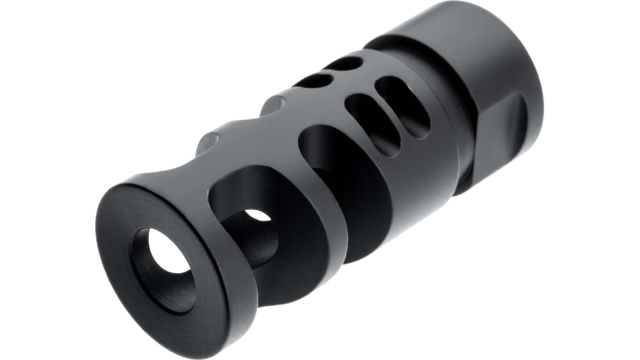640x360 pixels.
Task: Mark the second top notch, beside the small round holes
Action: (275, 103)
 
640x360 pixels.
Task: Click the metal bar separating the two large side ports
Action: (298, 196)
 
